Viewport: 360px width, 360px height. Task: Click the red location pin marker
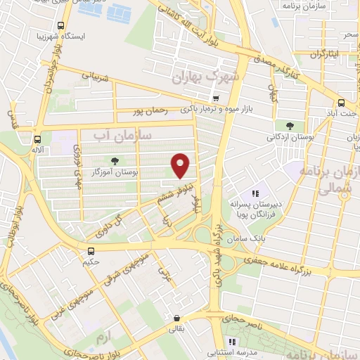181,165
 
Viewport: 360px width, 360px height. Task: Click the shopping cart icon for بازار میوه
216,98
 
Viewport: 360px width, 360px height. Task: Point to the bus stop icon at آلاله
37,139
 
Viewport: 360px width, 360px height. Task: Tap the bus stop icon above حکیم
90,251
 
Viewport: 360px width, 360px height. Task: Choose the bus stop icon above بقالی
175,316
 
